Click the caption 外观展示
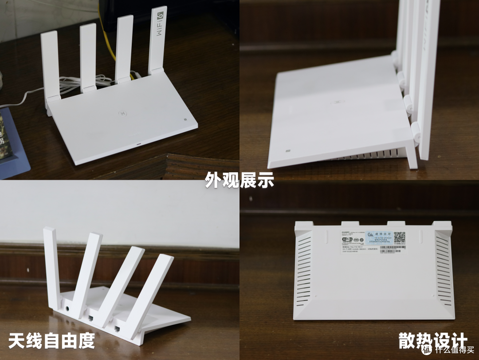pos(239,181)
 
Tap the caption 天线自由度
pos(51,340)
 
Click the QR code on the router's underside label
pos(399,238)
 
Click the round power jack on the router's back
pos(67,308)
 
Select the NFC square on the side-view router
pos(287,151)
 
